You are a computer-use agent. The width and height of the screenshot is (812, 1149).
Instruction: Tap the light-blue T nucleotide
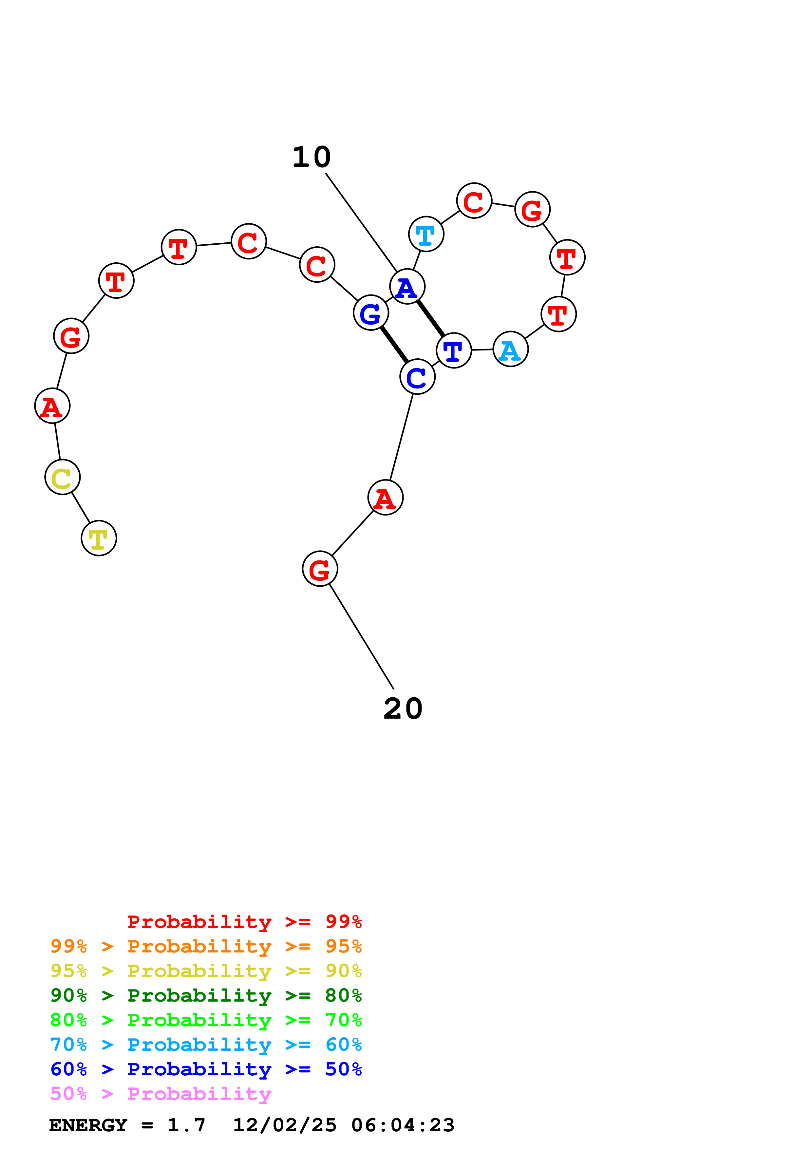pos(426,234)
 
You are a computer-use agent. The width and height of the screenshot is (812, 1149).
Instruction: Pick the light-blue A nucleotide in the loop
pos(510,349)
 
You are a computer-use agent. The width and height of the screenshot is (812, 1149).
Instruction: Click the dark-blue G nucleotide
pos(371,313)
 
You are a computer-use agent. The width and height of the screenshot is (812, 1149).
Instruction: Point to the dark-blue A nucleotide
pos(407,286)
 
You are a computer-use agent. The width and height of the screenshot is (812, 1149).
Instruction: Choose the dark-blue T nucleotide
pos(454,350)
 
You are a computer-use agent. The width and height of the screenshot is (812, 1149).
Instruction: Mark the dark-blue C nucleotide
pos(417,376)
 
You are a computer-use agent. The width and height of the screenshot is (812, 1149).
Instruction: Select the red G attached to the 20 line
pos(320,569)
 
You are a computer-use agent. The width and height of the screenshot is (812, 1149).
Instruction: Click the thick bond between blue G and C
pos(394,345)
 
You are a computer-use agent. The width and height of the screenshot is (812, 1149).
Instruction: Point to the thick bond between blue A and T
pos(430,318)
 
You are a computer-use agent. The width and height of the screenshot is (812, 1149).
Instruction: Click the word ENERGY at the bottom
pos(88,1125)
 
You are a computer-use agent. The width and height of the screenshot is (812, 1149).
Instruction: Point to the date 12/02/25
pos(285,1125)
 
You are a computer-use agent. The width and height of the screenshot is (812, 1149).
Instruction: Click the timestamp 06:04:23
pos(403,1125)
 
